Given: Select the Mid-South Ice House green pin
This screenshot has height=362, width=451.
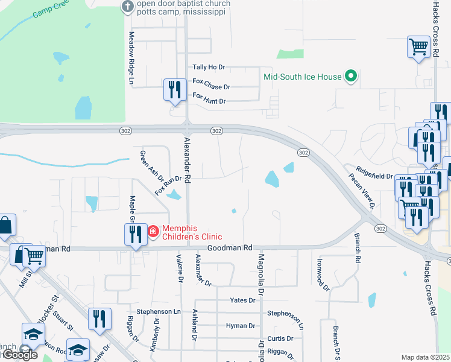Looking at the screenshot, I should point(351,77).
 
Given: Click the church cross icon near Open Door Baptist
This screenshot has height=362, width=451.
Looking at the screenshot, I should point(128,7).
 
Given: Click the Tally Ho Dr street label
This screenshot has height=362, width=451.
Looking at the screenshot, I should point(208,67).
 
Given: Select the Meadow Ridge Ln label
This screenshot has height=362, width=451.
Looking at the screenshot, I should point(130,57).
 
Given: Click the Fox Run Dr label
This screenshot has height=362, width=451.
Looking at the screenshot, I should point(168,185).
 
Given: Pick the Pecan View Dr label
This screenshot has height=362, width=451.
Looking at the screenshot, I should point(363,191).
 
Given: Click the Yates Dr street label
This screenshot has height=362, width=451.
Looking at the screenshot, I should point(242,300).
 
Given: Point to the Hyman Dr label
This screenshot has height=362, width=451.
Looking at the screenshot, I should point(241,326).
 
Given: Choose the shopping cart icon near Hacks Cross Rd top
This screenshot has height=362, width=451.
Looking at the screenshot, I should point(418,46).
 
